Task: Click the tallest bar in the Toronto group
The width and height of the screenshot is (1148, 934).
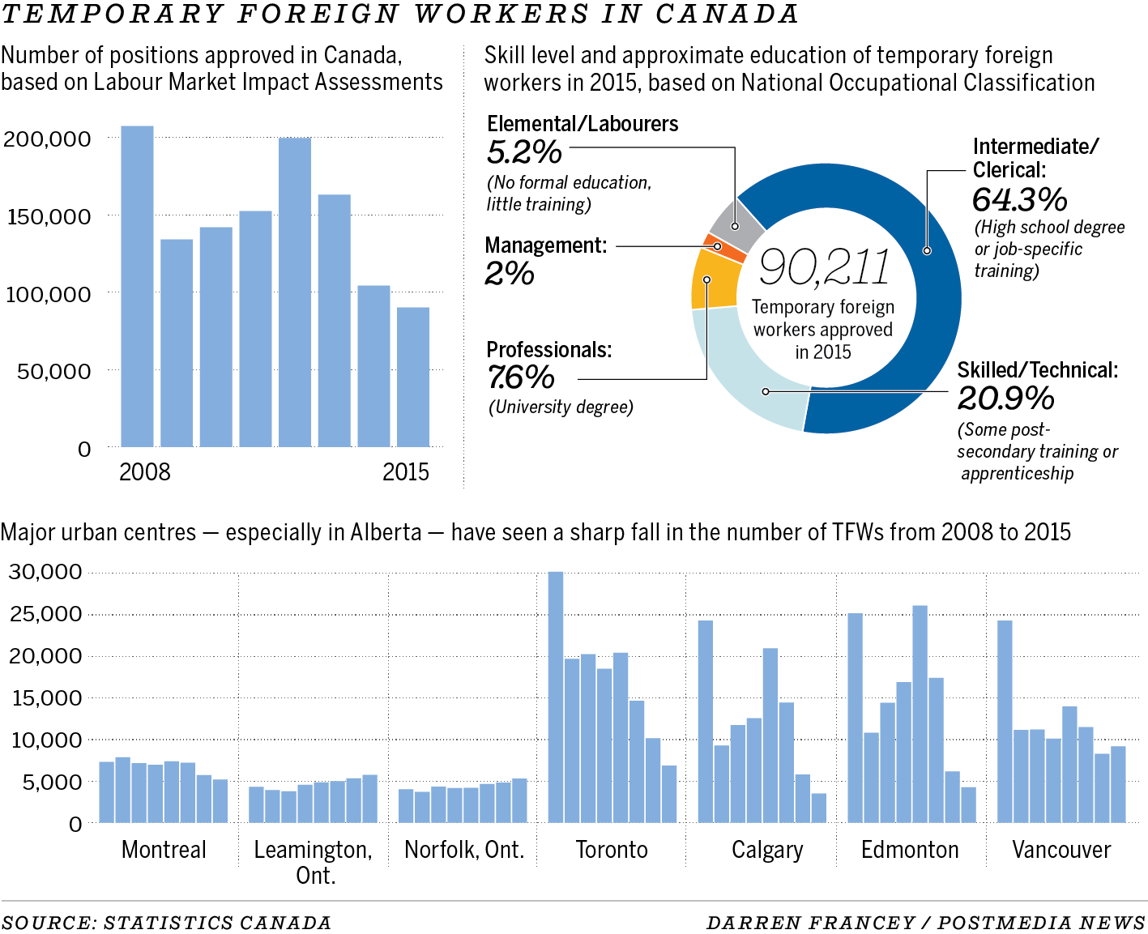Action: (x=556, y=697)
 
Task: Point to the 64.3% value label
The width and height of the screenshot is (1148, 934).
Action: (x=1020, y=199)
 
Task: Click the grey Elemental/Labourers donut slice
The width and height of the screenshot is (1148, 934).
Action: (x=736, y=224)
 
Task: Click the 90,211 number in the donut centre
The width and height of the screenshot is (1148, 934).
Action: (x=825, y=267)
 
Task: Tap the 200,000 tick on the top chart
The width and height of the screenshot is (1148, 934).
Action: (x=47, y=139)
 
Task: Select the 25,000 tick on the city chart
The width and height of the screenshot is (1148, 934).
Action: (x=45, y=614)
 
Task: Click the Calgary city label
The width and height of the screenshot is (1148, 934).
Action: (x=766, y=850)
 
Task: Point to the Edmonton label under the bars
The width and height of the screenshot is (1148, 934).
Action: (x=910, y=850)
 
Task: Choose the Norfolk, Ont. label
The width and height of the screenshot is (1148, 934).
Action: (x=464, y=850)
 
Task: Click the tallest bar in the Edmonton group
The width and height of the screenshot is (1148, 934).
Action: (x=920, y=714)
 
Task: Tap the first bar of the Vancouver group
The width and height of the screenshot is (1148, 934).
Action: (x=1005, y=721)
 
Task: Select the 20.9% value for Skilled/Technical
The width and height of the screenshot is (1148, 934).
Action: (x=1006, y=399)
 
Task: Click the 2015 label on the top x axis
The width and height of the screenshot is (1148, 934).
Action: (x=406, y=472)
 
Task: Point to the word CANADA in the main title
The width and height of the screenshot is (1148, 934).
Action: (x=727, y=14)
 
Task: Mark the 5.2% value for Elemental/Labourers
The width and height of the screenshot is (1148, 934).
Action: (x=524, y=152)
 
